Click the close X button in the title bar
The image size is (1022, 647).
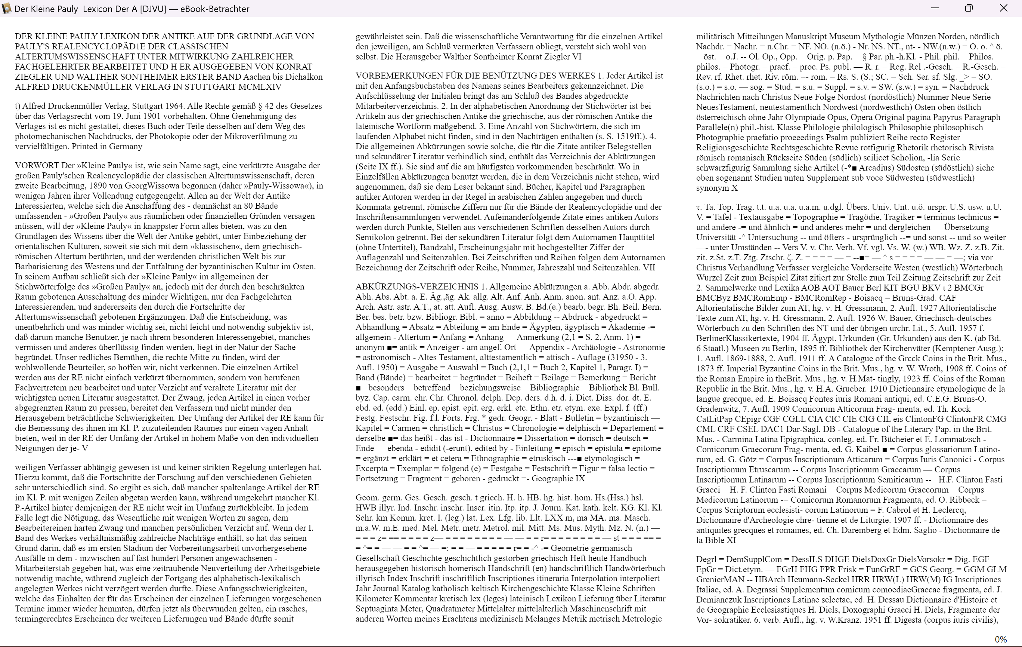pyautogui.click(x=1003, y=8)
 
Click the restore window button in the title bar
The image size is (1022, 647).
pyautogui.click(x=969, y=8)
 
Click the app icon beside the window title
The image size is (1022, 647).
pyautogui.click(x=6, y=9)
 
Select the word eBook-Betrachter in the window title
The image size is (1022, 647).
pyautogui.click(x=215, y=9)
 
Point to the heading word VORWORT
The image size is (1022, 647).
pyautogui.click(x=37, y=166)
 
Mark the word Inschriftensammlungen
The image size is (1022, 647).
pyautogui.click(x=397, y=217)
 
